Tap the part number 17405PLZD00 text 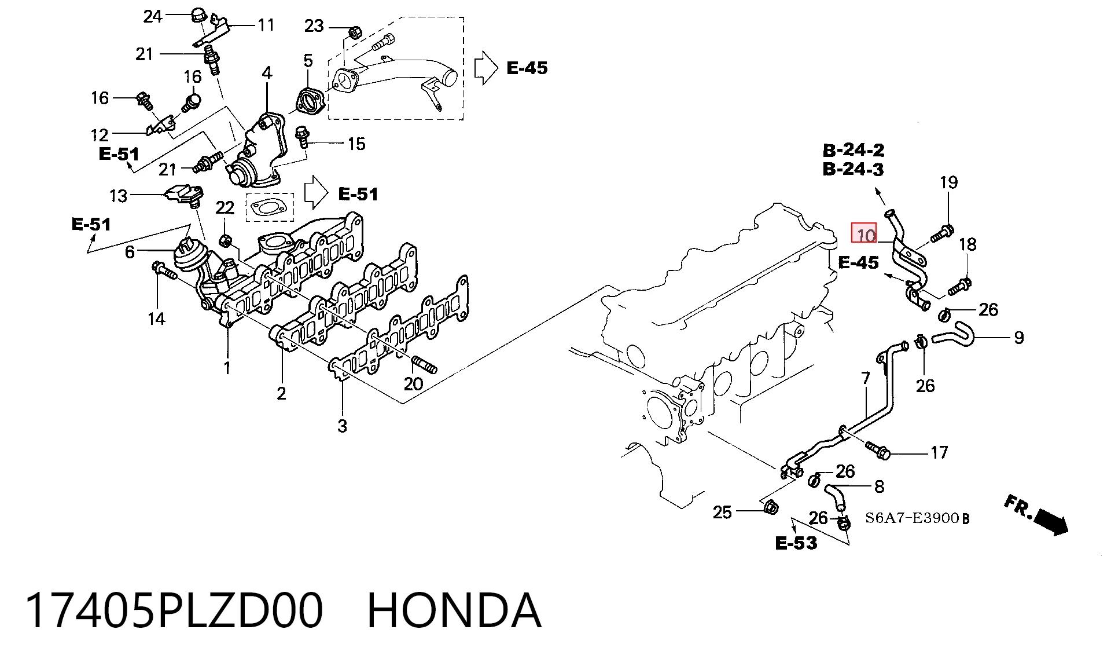[x=174, y=610]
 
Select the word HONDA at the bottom [x=454, y=610]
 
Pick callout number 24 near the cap [x=153, y=16]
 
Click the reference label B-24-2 [x=854, y=150]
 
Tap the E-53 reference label [x=796, y=543]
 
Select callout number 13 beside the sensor [x=119, y=196]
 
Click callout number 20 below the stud [x=413, y=383]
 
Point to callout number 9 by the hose [x=1019, y=338]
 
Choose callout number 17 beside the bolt [x=939, y=452]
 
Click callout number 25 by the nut [x=722, y=512]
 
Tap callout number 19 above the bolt [x=948, y=182]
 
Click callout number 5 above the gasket [x=308, y=61]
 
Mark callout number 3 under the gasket [x=342, y=426]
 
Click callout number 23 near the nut [x=314, y=26]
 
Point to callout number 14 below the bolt [x=156, y=319]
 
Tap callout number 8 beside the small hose [x=879, y=486]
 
